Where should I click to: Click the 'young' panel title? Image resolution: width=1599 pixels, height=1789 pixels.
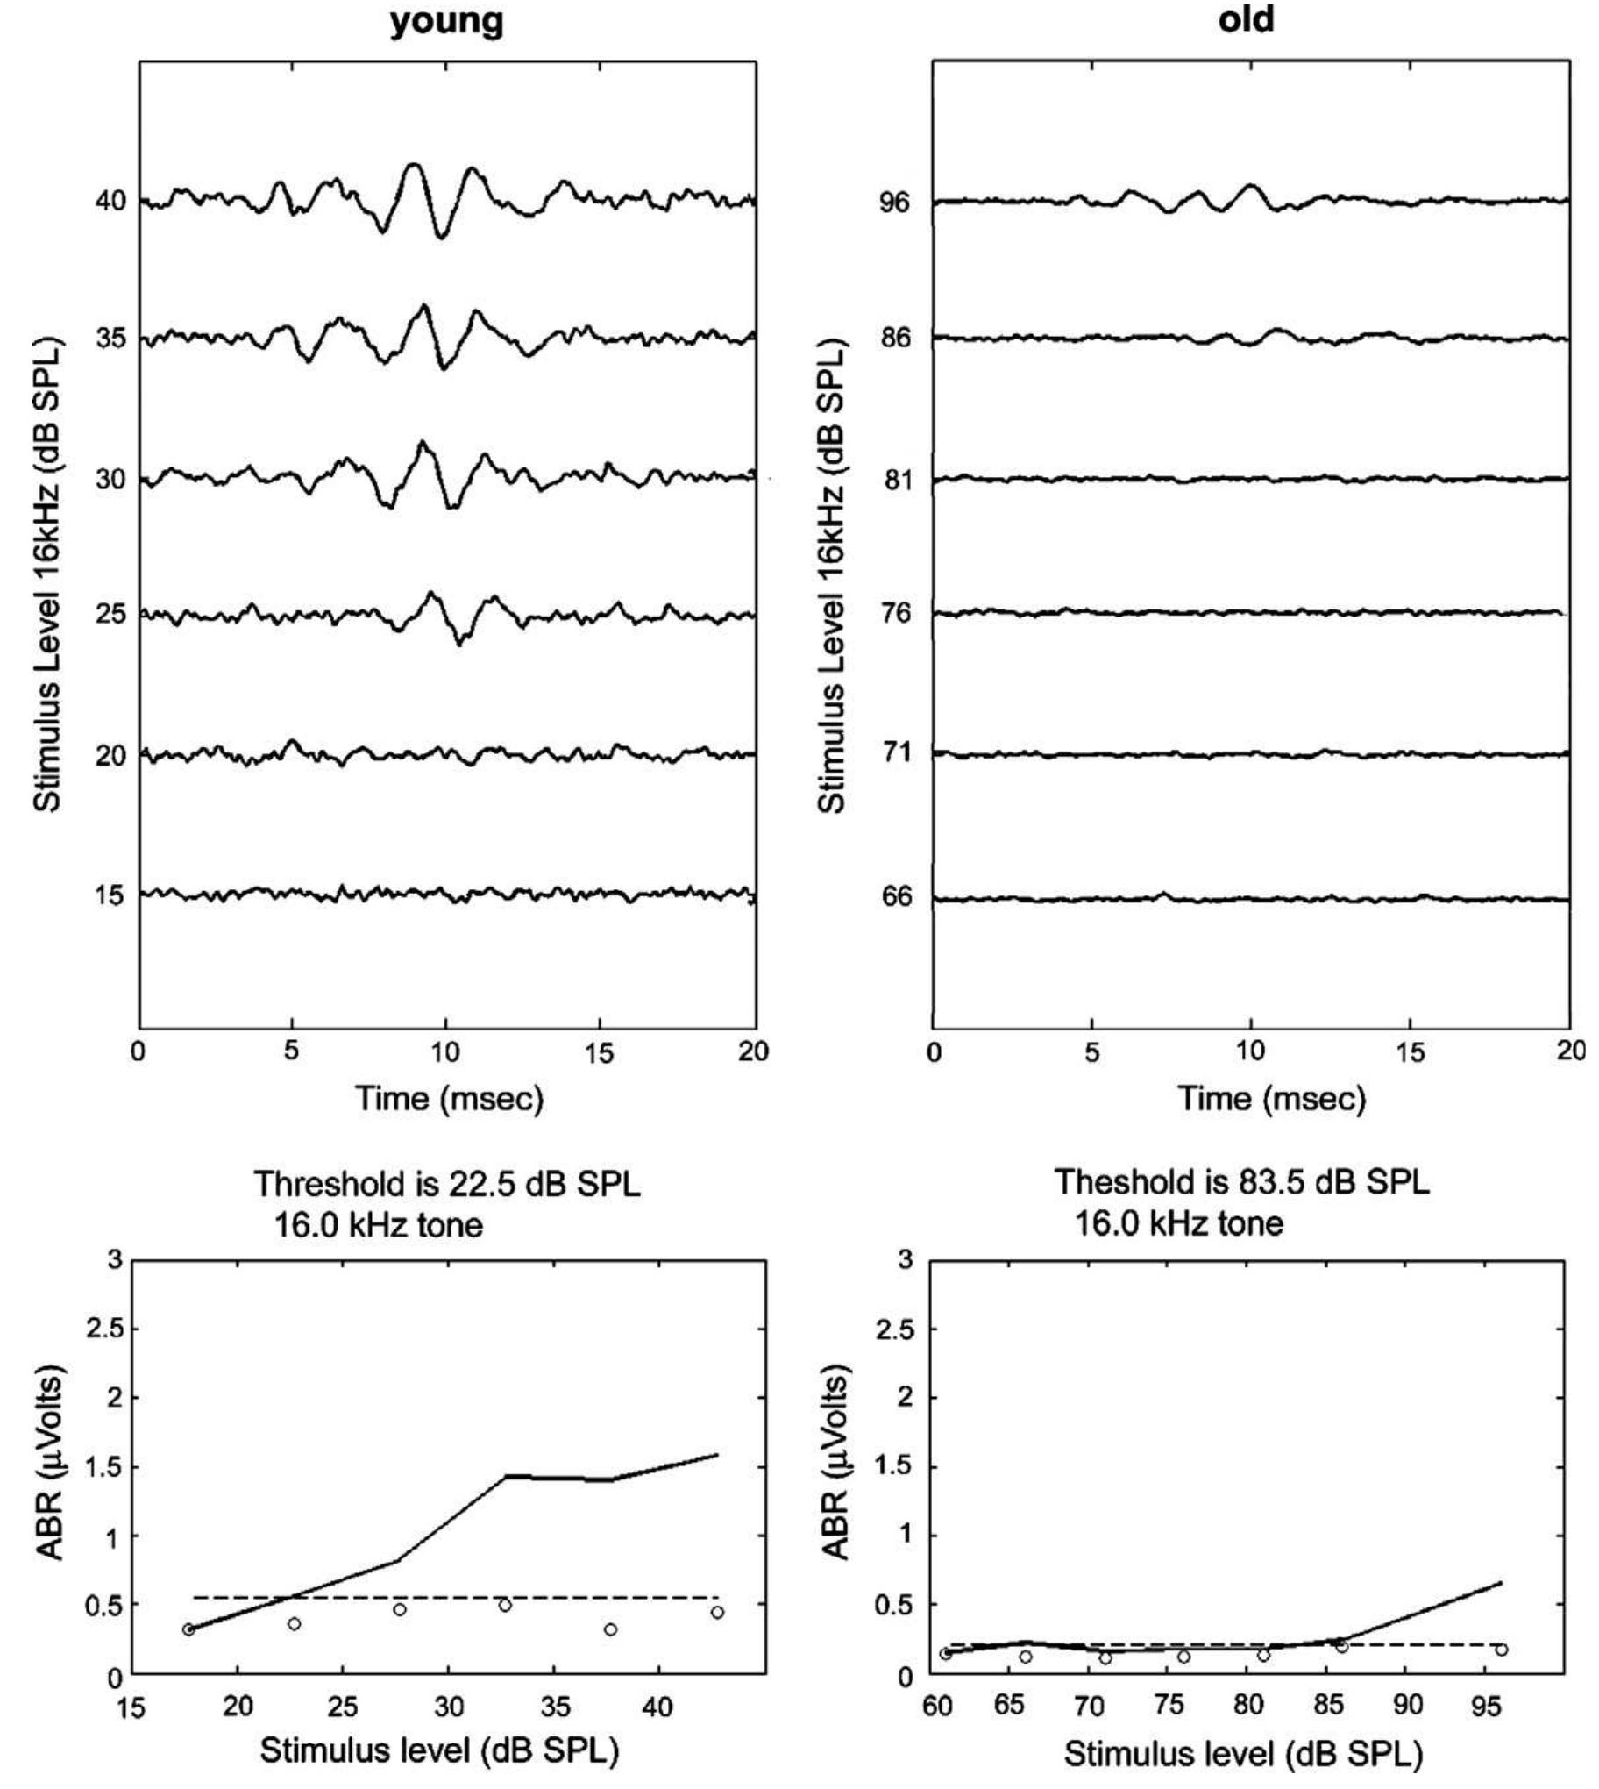pyautogui.click(x=446, y=21)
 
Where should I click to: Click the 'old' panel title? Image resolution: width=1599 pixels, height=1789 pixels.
pyautogui.click(x=1246, y=18)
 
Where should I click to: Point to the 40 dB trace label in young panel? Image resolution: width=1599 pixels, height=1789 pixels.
pyautogui.click(x=110, y=201)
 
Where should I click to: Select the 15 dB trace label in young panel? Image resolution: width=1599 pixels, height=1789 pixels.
pyautogui.click(x=110, y=895)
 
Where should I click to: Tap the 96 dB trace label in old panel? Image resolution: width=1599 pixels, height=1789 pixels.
pyautogui.click(x=895, y=202)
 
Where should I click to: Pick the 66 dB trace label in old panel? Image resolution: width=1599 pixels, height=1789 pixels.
pyautogui.click(x=895, y=897)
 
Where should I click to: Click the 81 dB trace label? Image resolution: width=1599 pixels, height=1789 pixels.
pyautogui.click(x=895, y=480)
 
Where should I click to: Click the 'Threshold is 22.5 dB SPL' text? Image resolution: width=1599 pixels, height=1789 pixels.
pyautogui.click(x=447, y=1184)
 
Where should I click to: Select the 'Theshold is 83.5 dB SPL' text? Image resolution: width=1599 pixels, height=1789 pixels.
pyautogui.click(x=1241, y=1182)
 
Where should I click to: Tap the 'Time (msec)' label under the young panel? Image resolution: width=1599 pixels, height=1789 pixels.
pyautogui.click(x=449, y=1098)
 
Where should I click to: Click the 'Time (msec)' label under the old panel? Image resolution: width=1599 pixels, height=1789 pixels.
pyautogui.click(x=1271, y=1098)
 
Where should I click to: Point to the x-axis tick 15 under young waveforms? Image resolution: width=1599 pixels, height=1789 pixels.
pyautogui.click(x=599, y=1052)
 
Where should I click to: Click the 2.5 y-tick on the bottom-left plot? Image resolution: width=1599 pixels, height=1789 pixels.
pyautogui.click(x=103, y=1329)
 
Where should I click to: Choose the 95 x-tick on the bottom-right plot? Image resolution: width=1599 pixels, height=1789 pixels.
pyautogui.click(x=1486, y=1706)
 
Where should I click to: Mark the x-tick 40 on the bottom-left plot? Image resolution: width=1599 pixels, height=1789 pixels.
pyautogui.click(x=657, y=1707)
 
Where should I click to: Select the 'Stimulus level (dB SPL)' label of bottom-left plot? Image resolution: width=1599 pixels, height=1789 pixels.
pyautogui.click(x=439, y=1750)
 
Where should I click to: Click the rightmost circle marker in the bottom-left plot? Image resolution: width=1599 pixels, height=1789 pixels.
pyautogui.click(x=717, y=1613)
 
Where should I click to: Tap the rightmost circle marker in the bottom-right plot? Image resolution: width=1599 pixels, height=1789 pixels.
pyautogui.click(x=1501, y=1650)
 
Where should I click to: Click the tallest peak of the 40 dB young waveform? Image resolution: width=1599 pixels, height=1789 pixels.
pyautogui.click(x=413, y=164)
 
